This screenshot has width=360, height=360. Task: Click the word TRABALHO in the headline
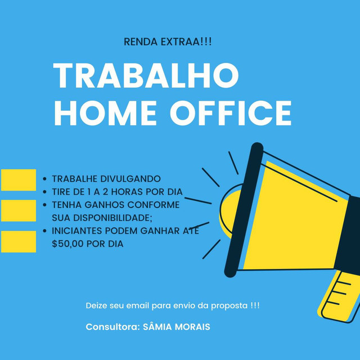coord(146,75)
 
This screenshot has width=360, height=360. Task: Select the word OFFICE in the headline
coord(231,113)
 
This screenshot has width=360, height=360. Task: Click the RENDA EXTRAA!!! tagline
coord(168,42)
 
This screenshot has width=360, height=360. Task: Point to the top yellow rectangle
coord(19,180)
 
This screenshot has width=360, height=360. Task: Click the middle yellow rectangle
coord(19,210)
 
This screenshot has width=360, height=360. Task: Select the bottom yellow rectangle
coord(19,241)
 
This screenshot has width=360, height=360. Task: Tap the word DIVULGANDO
coord(130,179)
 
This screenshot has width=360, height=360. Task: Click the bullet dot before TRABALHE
coord(45,179)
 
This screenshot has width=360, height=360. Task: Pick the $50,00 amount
coord(67,244)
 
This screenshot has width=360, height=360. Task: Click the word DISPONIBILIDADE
coord(112,218)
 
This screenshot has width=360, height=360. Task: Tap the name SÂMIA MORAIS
coord(176,327)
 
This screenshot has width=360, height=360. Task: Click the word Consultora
coord(112,327)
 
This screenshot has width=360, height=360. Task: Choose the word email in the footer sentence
coord(137,305)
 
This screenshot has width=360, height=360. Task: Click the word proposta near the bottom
coord(229,306)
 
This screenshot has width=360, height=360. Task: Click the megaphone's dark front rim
coord(244,210)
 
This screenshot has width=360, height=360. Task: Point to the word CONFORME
coord(154,205)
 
